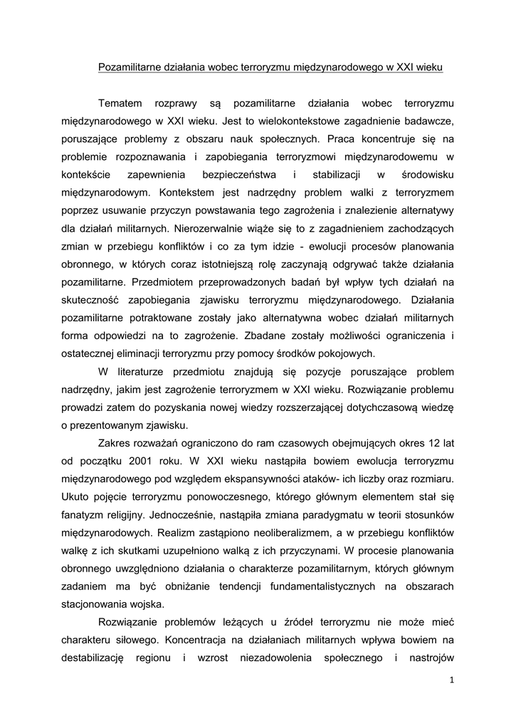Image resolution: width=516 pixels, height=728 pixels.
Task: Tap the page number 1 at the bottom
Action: [451, 680]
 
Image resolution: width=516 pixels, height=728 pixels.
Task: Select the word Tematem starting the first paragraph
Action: [120, 104]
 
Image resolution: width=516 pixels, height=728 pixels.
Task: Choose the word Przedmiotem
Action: [161, 282]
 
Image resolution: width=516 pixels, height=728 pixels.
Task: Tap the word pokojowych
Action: [349, 353]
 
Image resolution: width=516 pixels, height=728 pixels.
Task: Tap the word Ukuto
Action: [77, 496]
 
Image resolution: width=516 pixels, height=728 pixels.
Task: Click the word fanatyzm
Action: [85, 514]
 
